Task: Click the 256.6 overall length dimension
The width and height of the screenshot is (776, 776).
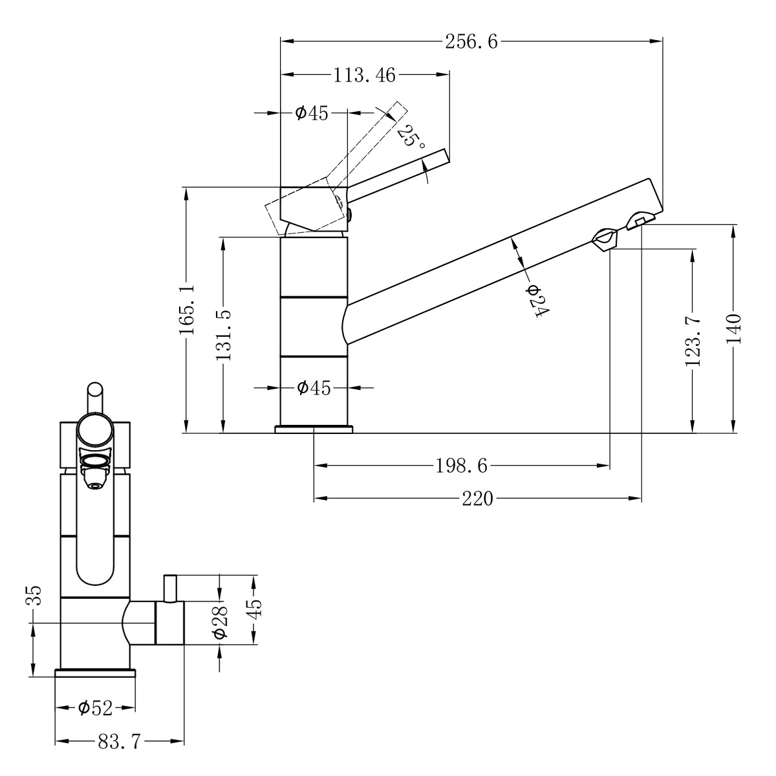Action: click(471, 41)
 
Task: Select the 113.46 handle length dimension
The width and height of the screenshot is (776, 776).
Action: click(365, 75)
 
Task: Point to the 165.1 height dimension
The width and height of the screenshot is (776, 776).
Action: click(187, 309)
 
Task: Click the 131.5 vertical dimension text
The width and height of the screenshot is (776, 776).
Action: click(224, 336)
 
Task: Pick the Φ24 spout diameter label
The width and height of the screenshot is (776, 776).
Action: click(537, 301)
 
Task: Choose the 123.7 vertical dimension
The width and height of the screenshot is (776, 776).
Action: click(693, 341)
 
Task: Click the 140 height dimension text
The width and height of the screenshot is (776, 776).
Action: click(733, 329)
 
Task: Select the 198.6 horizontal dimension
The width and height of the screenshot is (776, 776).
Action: click(462, 466)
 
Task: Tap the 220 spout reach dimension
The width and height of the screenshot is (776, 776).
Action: click(477, 499)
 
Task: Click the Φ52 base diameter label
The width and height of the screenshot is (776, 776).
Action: click(96, 708)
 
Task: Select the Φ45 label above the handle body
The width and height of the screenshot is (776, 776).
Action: click(312, 113)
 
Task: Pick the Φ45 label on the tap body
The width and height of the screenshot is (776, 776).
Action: click(314, 388)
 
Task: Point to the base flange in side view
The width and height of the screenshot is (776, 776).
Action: click(314, 429)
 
